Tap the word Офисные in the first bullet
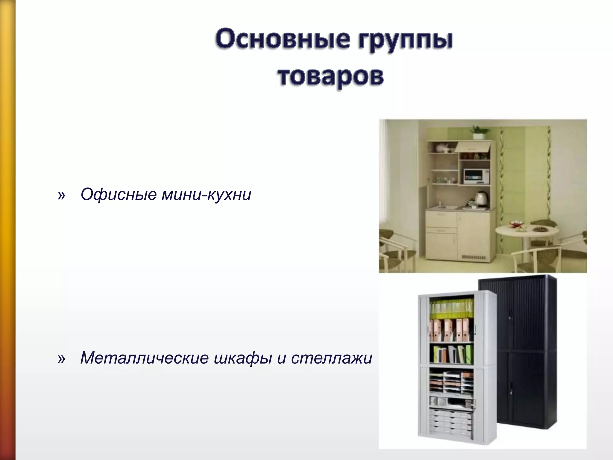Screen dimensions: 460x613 coord(119,195)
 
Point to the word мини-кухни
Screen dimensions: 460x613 coord(206,195)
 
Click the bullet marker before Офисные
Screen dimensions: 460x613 coord(61,195)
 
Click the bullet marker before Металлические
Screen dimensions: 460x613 coord(61,358)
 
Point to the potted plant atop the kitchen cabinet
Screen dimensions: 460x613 coord(479,132)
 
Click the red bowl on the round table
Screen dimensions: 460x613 coord(516,224)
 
